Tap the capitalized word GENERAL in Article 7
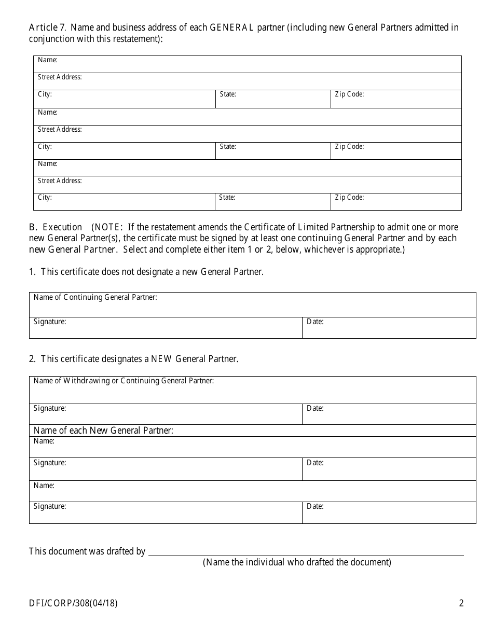pos(231,27)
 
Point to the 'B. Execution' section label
pos(56,227)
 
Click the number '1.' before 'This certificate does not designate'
pos(33,272)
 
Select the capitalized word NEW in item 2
pos(161,359)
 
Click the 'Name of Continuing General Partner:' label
pos(95,297)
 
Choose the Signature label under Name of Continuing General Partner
pos(50,322)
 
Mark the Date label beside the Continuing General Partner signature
pos(315,322)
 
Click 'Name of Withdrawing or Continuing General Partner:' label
pos(124,381)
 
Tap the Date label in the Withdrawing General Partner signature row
pos(315,408)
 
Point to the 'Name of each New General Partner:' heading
pos(103,431)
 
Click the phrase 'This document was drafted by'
pos(87,551)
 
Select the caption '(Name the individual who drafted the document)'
pos(297,562)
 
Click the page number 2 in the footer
pos(461,603)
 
